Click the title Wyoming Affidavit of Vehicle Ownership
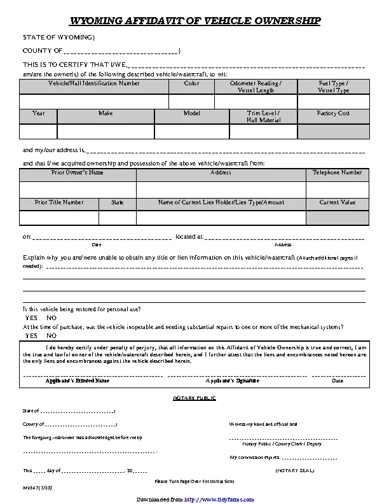point(194,22)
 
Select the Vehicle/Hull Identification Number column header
point(94,83)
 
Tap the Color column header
point(191,83)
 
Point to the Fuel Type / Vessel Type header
point(333,87)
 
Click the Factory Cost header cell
point(333,113)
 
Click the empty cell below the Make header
point(106,131)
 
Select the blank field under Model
point(191,131)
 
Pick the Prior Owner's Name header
point(78,172)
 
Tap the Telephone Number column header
point(337,172)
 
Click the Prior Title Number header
point(59,202)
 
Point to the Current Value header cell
point(337,202)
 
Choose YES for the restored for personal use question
point(31,318)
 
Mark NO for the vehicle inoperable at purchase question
point(51,335)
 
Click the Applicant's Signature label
point(232,381)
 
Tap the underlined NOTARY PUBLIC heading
point(194,398)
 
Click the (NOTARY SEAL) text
point(294,470)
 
